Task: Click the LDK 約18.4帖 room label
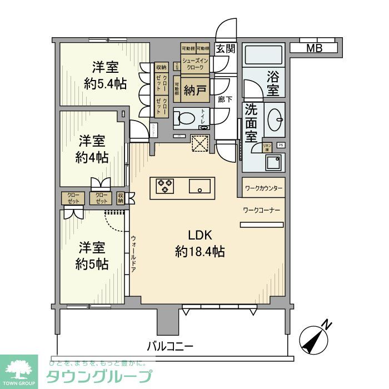coord(200,243)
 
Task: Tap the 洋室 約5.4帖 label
coord(105,76)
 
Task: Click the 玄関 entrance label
coord(226,48)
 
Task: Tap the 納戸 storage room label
coord(196,91)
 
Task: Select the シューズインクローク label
coord(195,63)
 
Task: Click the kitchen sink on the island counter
coord(198,186)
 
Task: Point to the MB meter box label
coord(315,48)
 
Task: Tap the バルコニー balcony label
coord(170,346)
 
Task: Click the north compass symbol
coord(313,338)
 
